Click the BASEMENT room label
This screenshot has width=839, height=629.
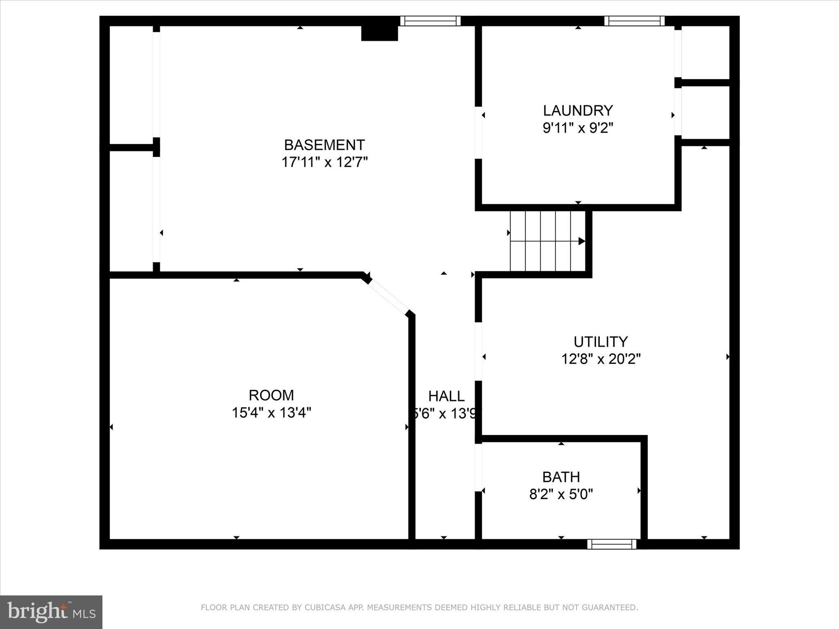point(324,145)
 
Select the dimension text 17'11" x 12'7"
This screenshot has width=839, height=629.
point(324,163)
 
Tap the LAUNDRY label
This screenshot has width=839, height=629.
point(578,111)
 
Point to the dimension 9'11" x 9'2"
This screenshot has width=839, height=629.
point(578,128)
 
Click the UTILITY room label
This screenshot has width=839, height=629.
point(601,342)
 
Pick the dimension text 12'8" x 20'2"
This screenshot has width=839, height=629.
point(601,359)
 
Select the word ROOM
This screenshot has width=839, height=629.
point(271,395)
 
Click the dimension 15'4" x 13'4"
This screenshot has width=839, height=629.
point(271,413)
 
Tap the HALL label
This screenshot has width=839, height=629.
point(446,396)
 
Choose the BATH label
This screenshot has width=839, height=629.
point(561,477)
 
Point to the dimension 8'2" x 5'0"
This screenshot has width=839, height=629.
point(561,495)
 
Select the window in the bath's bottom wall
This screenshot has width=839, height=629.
point(612,544)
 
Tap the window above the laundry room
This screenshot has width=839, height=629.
point(634,21)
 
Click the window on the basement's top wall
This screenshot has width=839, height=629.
point(430,21)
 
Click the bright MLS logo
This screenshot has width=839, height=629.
point(51,612)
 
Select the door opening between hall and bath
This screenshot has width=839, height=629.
point(478,468)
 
